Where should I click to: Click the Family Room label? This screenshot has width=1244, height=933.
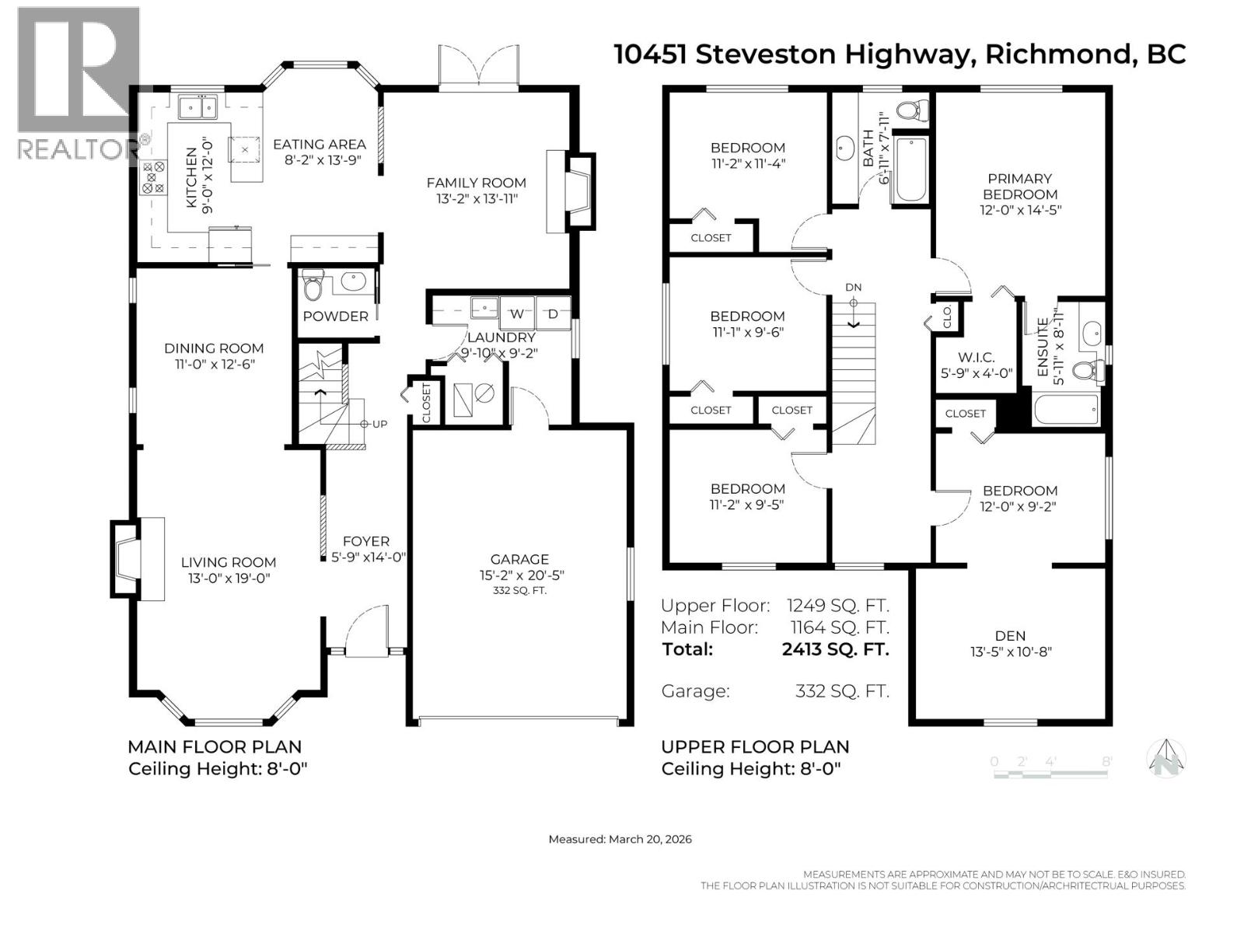(476, 183)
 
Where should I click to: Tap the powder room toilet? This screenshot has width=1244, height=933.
(313, 286)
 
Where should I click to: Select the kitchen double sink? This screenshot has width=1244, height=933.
(197, 106)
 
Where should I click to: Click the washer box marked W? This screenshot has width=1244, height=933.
(516, 314)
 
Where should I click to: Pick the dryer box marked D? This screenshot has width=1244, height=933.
(553, 314)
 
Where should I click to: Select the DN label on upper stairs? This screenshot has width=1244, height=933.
(854, 288)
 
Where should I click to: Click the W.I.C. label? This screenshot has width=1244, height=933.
(976, 358)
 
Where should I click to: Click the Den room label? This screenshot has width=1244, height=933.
(1010, 636)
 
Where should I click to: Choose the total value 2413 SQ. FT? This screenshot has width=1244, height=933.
(835, 649)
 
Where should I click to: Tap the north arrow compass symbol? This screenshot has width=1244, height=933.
(1166, 757)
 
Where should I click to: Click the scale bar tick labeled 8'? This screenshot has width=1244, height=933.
(1106, 762)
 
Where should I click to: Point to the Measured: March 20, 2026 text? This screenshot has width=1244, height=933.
(620, 839)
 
